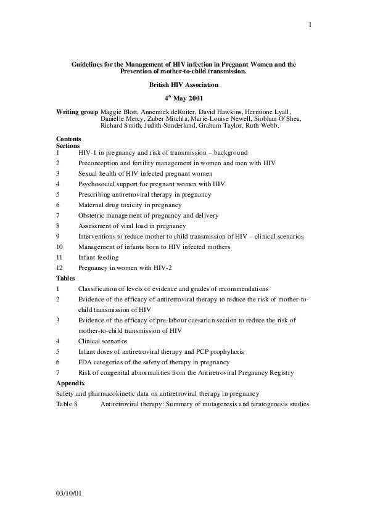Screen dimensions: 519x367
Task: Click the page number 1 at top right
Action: pyautogui.click(x=310, y=25)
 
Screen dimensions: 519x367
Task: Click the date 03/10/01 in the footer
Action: pyautogui.click(x=68, y=494)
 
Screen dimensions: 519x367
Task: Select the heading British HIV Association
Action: pyautogui.click(x=183, y=84)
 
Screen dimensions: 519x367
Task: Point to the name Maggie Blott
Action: pyautogui.click(x=117, y=112)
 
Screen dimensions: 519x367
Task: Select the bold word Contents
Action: pyautogui.click(x=68, y=139)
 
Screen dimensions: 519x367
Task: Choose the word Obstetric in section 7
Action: pyautogui.click(x=91, y=215)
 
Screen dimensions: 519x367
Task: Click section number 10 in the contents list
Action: pyautogui.click(x=59, y=247)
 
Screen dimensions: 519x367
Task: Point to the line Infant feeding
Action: pyautogui.click(x=98, y=257)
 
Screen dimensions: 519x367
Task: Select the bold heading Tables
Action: pyautogui.click(x=65, y=278)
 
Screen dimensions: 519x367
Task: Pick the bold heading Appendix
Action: pyautogui.click(x=70, y=383)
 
